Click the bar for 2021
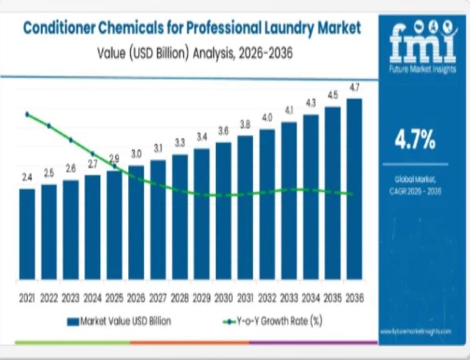(x=27, y=234)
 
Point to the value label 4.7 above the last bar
(x=354, y=87)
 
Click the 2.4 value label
(x=27, y=178)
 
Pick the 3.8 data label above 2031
(x=245, y=124)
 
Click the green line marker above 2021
(x=27, y=114)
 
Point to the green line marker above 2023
(x=71, y=140)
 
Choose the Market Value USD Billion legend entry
(x=119, y=321)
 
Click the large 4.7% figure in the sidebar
(x=415, y=140)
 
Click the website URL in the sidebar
(x=415, y=330)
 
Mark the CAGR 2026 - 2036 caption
(x=415, y=192)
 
